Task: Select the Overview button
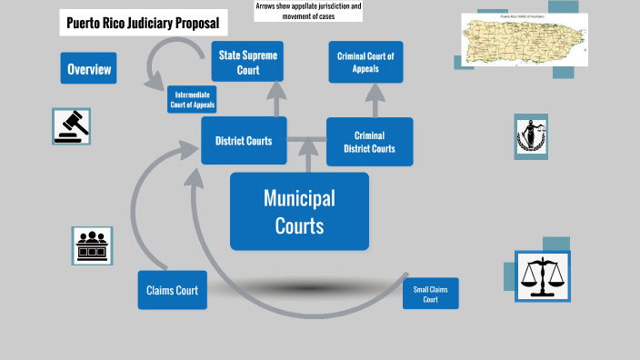[x=89, y=69]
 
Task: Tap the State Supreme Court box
[x=248, y=62]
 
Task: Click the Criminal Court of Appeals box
[x=365, y=62]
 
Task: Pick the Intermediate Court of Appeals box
[x=193, y=100]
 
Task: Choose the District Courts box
[x=244, y=140]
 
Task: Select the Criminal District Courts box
[x=369, y=141]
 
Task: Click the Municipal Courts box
[x=299, y=211]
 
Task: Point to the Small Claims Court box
[x=431, y=294]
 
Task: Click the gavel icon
[x=72, y=125]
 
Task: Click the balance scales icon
[x=543, y=276]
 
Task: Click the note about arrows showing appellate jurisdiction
[x=295, y=11]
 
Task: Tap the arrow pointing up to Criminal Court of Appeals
[x=366, y=101]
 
